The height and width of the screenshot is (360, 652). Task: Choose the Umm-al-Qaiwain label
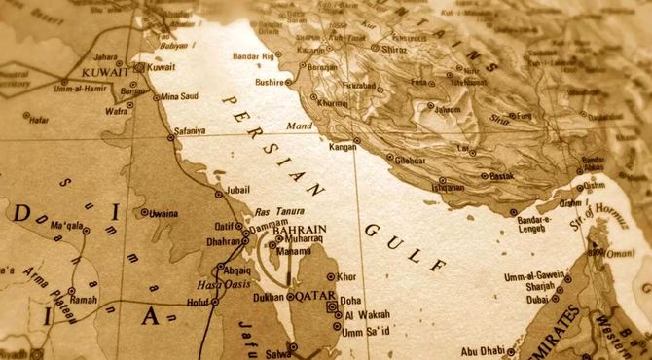coord(533,276)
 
